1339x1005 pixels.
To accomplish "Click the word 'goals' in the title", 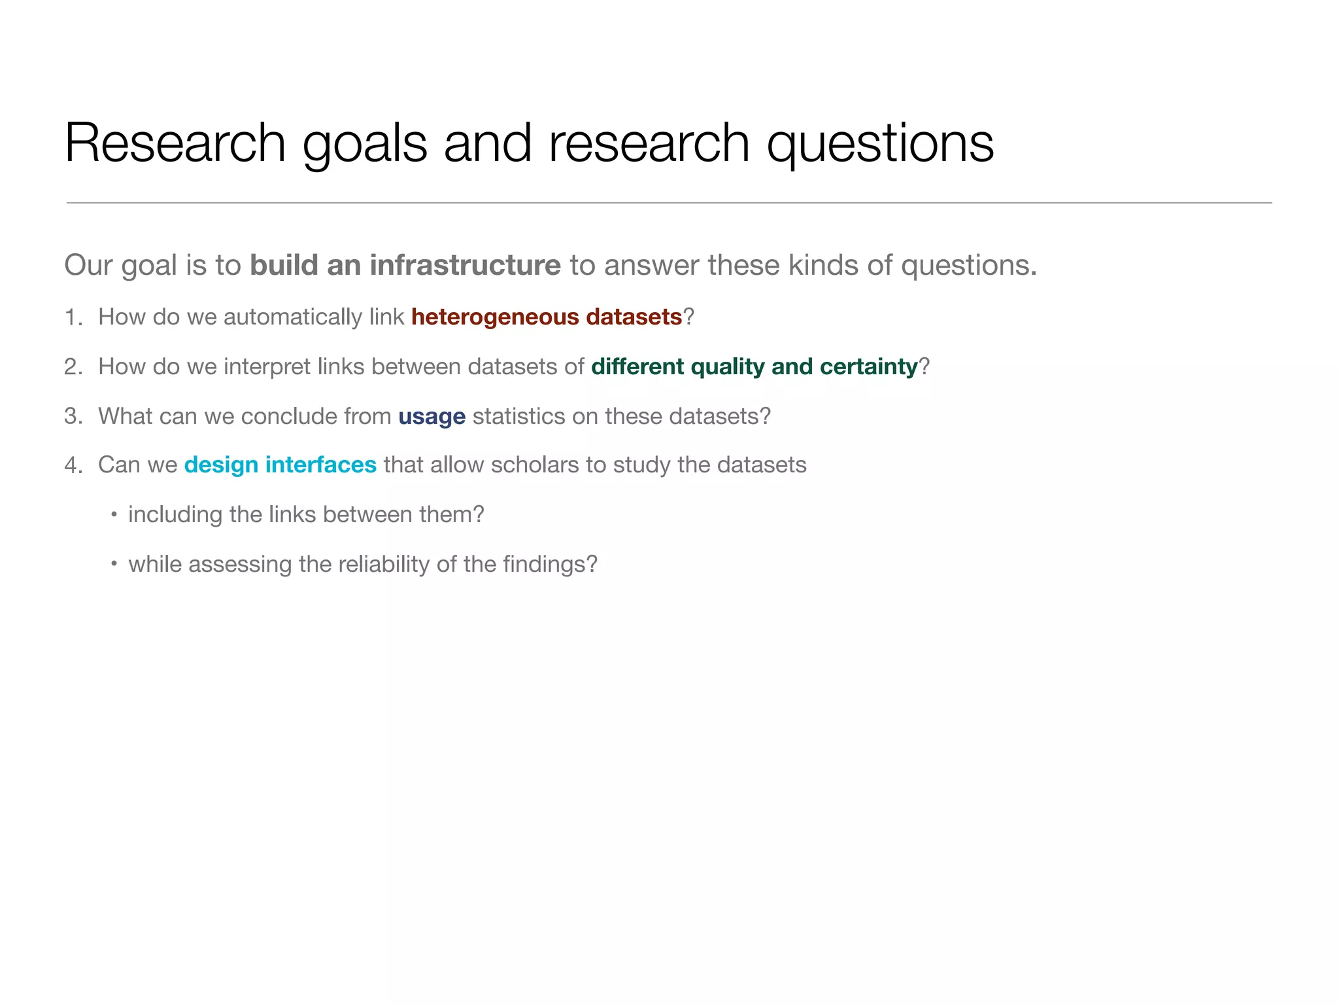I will coord(364,144).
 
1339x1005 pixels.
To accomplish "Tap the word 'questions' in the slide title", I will coord(879,144).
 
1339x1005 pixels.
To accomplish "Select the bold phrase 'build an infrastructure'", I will coord(405,266).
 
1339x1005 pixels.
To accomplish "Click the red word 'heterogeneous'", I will coord(495,317).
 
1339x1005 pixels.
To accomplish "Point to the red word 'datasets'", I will coord(634,317).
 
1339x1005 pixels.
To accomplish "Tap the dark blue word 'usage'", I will coord(432,417).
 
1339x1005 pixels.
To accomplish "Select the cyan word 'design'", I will coord(221,465).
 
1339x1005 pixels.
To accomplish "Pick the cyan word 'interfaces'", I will coord(320,465).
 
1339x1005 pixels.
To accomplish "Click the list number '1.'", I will coord(73,317).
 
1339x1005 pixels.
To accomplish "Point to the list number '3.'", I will coord(73,417).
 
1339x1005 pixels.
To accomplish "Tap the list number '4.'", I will coord(73,465).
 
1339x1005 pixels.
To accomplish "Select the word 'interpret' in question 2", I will coord(267,367).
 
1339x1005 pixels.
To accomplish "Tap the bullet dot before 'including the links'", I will coord(114,515).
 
